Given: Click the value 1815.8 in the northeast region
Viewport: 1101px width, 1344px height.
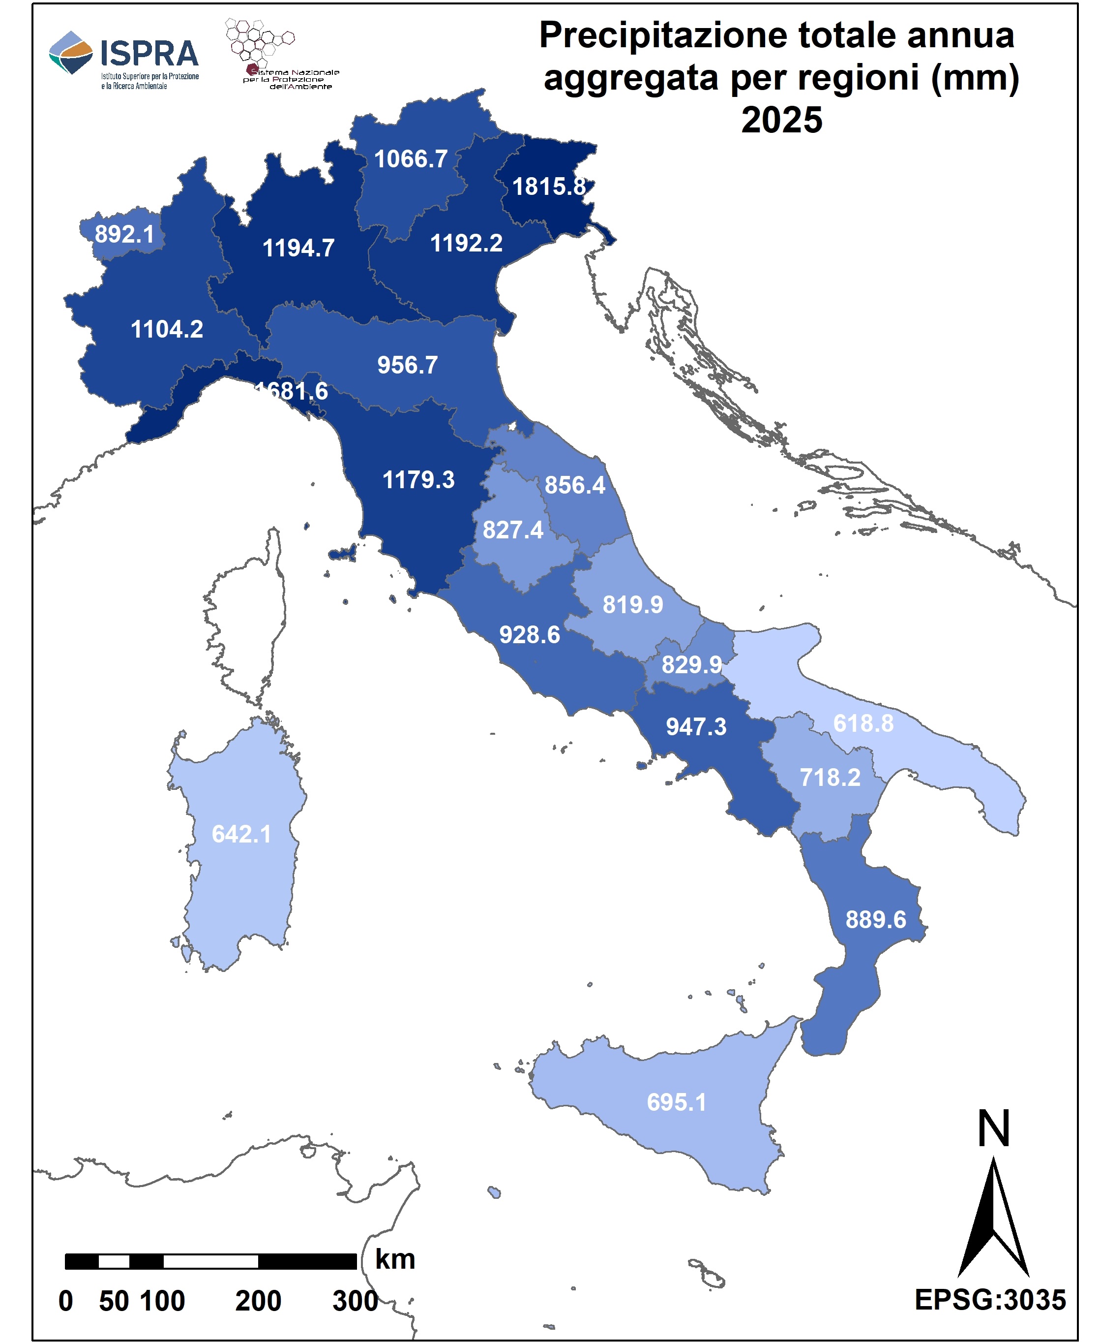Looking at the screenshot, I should click(x=549, y=187).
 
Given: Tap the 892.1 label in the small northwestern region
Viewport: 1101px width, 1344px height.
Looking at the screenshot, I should click(x=124, y=234).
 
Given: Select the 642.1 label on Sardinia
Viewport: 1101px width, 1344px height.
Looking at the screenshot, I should click(x=241, y=834).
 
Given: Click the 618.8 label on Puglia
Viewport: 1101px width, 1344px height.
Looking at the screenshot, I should click(x=863, y=723).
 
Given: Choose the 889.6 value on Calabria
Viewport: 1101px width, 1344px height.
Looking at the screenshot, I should click(x=875, y=919).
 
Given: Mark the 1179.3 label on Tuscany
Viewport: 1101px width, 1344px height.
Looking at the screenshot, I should click(x=418, y=480).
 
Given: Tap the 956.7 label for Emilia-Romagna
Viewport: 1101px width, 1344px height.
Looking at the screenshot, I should click(x=407, y=365).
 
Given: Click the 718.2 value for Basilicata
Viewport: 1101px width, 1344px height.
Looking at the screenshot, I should click(x=830, y=777).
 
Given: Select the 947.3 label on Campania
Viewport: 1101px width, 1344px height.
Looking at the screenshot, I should click(x=696, y=726).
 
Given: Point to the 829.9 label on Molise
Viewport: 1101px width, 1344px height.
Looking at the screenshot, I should click(x=691, y=664).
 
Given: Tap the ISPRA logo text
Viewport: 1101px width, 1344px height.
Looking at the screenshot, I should click(x=149, y=54).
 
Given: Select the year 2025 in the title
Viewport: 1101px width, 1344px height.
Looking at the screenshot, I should click(x=781, y=120).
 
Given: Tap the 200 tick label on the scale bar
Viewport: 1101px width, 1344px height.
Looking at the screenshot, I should click(x=258, y=1301).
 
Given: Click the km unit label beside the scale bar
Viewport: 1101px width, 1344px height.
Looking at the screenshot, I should click(x=395, y=1259).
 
